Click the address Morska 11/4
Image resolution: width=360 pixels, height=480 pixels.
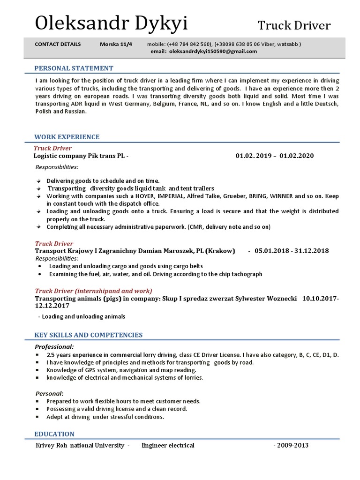pos(116,44)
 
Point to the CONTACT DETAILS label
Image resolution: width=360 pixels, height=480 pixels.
pos(58,44)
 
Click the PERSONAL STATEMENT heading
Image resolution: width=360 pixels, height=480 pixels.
pos(74,68)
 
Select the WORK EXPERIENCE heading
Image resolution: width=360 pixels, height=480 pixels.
pos(67,137)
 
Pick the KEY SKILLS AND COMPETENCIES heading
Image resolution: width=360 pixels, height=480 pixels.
pos(89,335)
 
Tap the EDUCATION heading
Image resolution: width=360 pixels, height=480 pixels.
pos(54,434)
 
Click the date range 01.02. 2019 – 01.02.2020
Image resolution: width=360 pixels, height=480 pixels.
pos(274,156)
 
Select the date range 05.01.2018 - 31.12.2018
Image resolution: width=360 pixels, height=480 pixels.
pos(292,251)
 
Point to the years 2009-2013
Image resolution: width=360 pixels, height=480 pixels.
pos(291,445)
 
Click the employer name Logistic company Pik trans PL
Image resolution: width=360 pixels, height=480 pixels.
pos(80,156)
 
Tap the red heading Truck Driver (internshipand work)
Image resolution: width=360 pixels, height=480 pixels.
pos(94,291)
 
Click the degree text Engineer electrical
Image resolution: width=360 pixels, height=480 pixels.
pos(168,445)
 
